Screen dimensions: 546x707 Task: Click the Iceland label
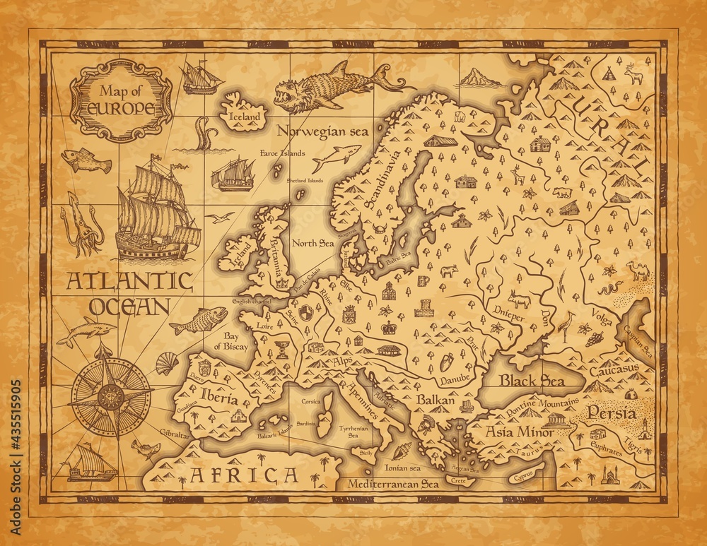pos(242,116)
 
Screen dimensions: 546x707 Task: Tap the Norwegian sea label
pos(313,131)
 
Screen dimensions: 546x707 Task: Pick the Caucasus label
pos(612,369)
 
